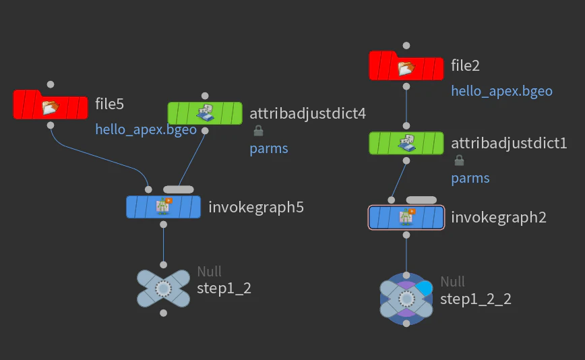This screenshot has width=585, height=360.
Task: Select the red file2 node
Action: coord(406,65)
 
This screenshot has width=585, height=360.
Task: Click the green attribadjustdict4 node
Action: coord(205,113)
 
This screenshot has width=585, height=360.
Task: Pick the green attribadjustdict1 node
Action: coord(406,143)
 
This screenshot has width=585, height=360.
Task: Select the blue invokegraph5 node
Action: coord(163,207)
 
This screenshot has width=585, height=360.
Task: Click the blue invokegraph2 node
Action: coord(406,217)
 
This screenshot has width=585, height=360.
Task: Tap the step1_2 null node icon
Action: coord(163,289)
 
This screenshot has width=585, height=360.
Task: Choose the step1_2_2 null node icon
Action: coord(406,299)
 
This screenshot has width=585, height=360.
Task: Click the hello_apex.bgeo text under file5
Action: coord(146,129)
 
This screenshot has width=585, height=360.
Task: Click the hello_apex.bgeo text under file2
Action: coord(502,91)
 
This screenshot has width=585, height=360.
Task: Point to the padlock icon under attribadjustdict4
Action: coord(258,131)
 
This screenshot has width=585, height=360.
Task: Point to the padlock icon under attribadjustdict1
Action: coord(459,160)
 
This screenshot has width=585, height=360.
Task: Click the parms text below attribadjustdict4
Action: coord(269,148)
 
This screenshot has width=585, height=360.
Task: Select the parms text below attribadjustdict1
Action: coord(470,179)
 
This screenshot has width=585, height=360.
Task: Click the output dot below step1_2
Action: coord(163,313)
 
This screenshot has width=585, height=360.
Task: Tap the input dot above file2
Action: coord(406,46)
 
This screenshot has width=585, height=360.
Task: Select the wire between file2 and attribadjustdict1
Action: coord(406,106)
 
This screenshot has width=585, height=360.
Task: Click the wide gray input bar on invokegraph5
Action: coord(179,189)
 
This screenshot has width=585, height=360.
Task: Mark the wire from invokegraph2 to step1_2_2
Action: coord(406,256)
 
